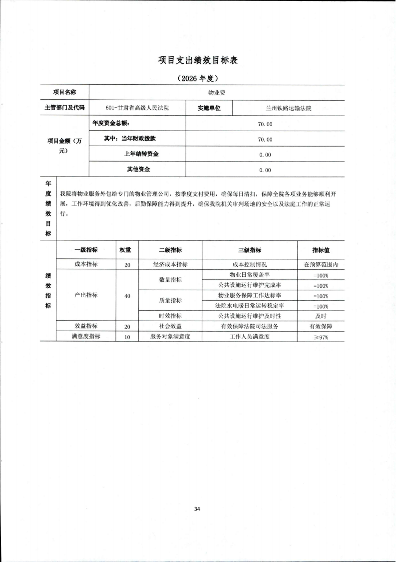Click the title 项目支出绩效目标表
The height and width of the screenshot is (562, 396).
(197, 60)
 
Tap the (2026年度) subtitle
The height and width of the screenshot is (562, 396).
(197, 78)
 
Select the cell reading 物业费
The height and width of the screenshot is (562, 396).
(216, 92)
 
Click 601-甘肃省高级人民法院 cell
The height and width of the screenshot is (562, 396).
(137, 108)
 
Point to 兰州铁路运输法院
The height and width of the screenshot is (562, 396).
(289, 108)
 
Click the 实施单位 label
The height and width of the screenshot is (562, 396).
(209, 108)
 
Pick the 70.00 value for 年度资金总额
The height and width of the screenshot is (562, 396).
(265, 123)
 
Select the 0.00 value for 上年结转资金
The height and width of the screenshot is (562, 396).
(265, 155)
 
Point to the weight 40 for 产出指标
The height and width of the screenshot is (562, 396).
(127, 296)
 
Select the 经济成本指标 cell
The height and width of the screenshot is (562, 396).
(170, 265)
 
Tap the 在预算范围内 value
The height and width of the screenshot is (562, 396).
(321, 265)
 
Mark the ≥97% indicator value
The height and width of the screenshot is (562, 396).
(321, 337)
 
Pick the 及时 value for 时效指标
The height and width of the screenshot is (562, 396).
(321, 316)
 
